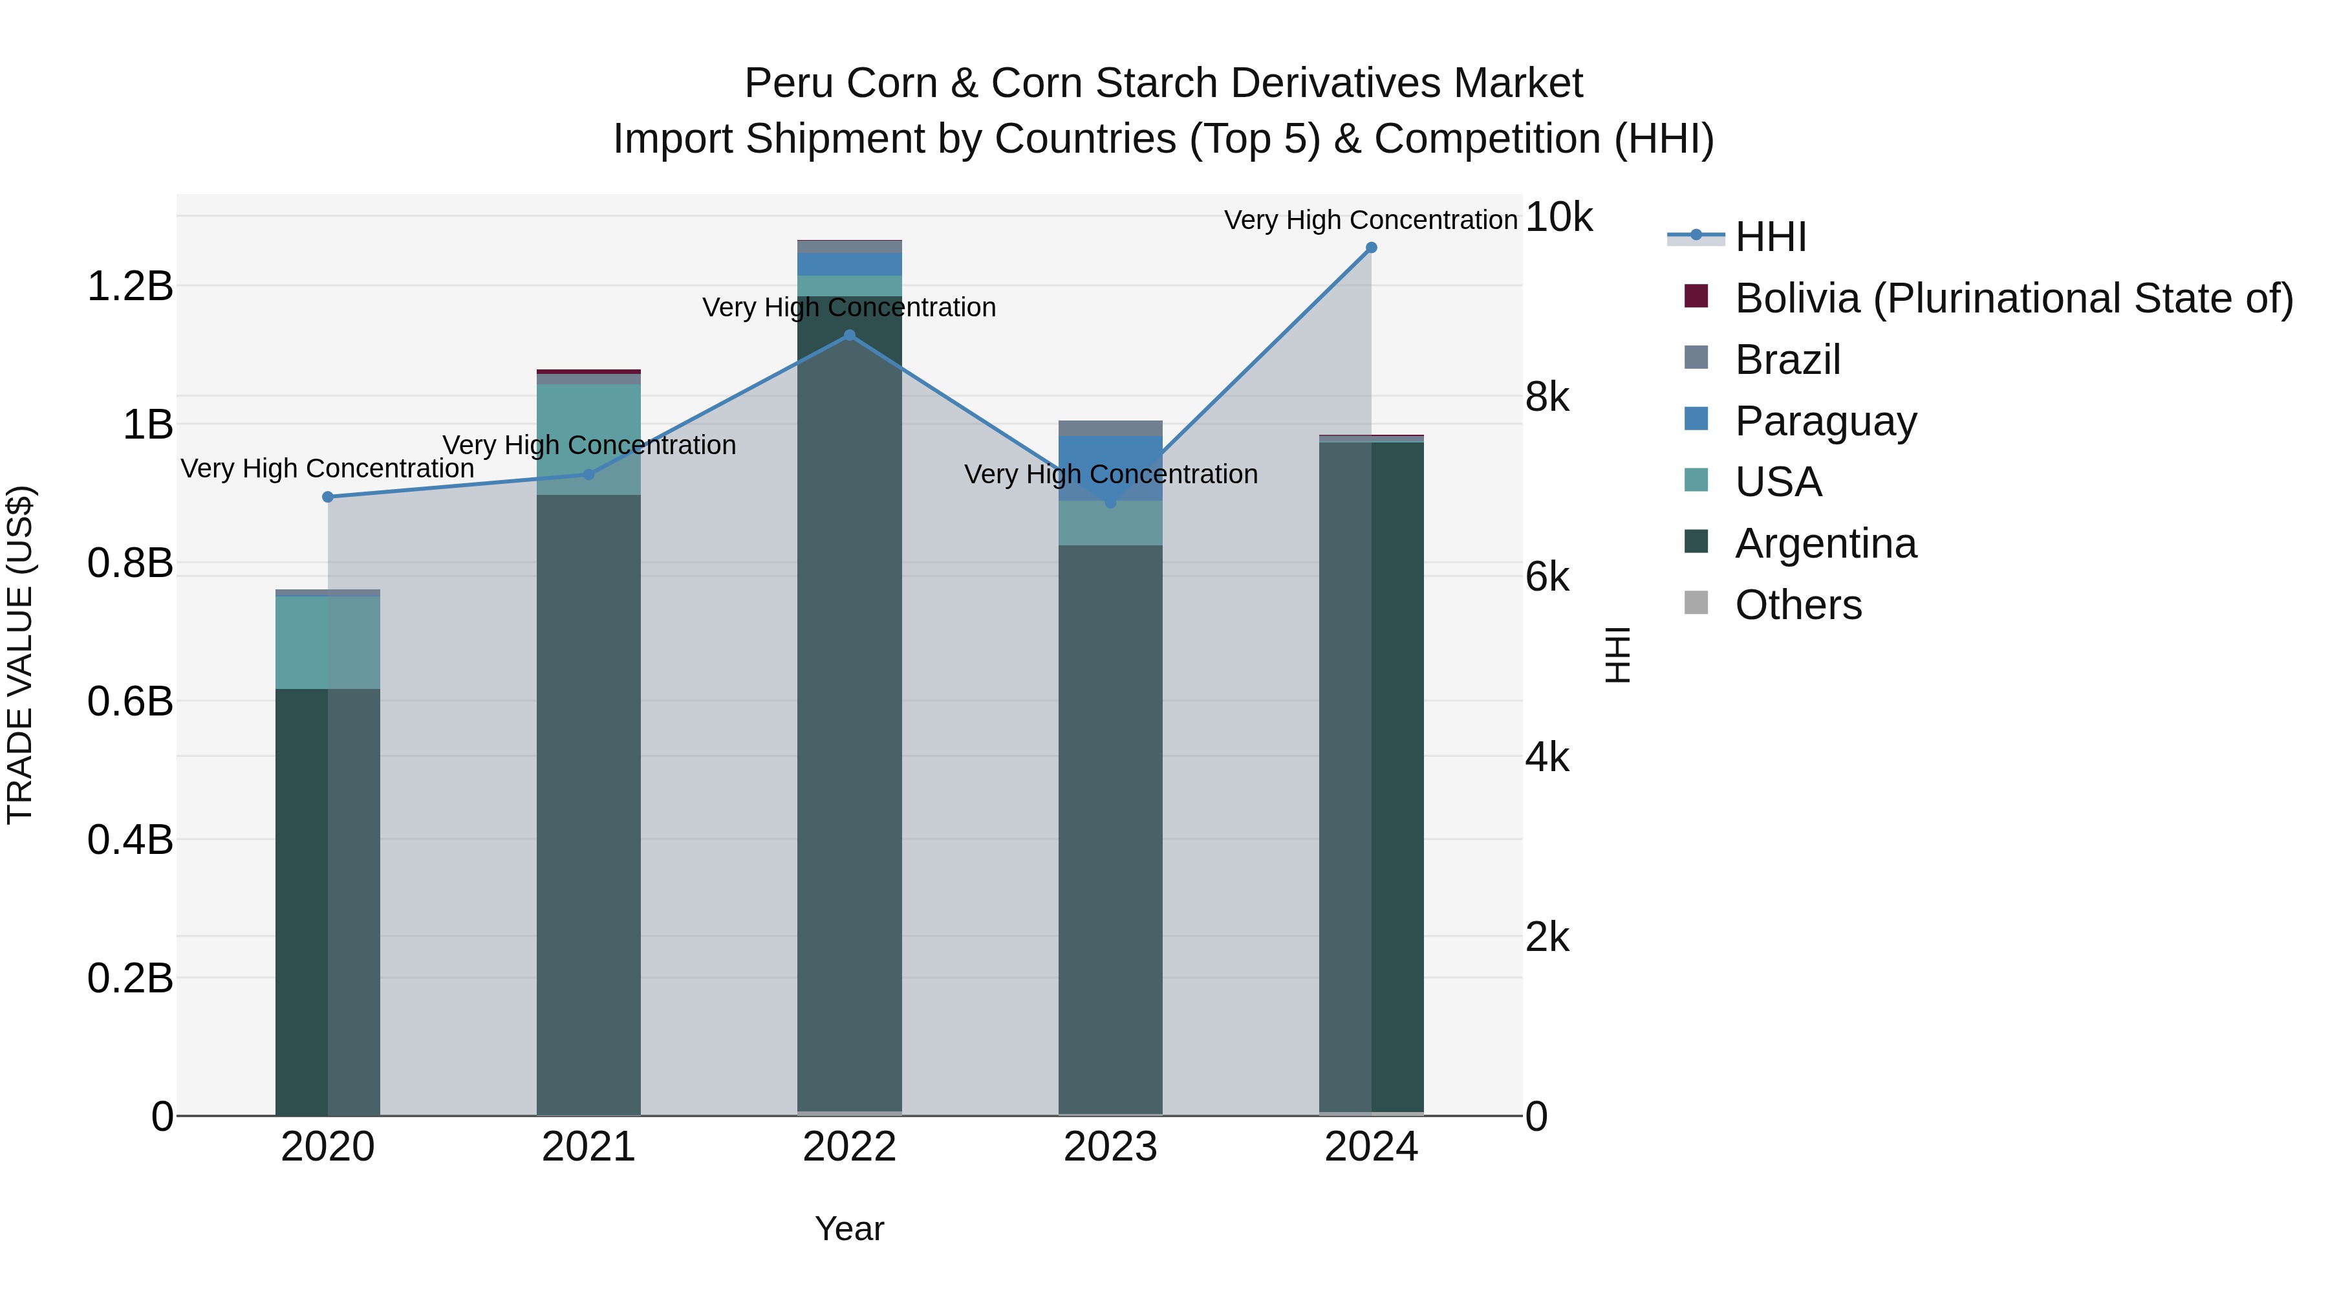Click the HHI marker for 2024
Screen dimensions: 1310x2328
pyautogui.click(x=1371, y=248)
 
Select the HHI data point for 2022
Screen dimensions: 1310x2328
pyautogui.click(x=850, y=335)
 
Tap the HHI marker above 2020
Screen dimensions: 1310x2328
pyautogui.click(x=328, y=497)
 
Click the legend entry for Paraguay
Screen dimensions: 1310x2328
pyautogui.click(x=1825, y=421)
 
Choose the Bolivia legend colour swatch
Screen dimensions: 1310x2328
pyautogui.click(x=1696, y=296)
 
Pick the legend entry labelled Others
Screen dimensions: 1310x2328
pyautogui.click(x=1798, y=605)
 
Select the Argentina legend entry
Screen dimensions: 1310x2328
pyautogui.click(x=1825, y=543)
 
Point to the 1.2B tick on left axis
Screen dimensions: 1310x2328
pyautogui.click(x=130, y=287)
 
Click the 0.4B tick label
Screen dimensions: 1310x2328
pyautogui.click(x=130, y=840)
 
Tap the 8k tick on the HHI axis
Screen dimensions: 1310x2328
pyautogui.click(x=1547, y=397)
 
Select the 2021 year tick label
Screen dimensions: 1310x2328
pyautogui.click(x=588, y=1147)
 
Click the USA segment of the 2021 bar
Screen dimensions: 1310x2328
pyautogui.click(x=588, y=439)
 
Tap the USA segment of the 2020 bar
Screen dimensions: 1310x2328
pyautogui.click(x=328, y=642)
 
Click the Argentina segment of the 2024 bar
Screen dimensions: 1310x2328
pyautogui.click(x=1371, y=778)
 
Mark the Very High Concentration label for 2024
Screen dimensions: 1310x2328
pyautogui.click(x=1370, y=220)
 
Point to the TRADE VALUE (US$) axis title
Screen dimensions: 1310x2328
pyautogui.click(x=20, y=655)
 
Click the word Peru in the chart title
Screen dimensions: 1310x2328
pyautogui.click(x=781, y=83)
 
